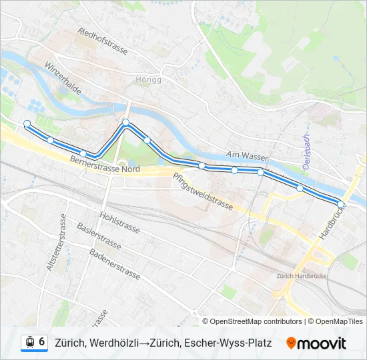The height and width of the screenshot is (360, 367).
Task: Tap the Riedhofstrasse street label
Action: (103, 41)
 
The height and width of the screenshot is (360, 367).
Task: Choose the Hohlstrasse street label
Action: (119, 223)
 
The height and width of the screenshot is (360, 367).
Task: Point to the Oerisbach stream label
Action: (306, 152)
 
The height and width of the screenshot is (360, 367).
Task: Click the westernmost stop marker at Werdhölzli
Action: (27, 123)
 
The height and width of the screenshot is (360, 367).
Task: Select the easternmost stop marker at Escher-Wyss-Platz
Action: (341, 205)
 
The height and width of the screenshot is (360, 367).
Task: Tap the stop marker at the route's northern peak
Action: (125, 122)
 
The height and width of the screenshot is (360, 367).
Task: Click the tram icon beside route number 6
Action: (29, 343)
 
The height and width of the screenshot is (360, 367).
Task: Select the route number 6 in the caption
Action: (41, 343)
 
